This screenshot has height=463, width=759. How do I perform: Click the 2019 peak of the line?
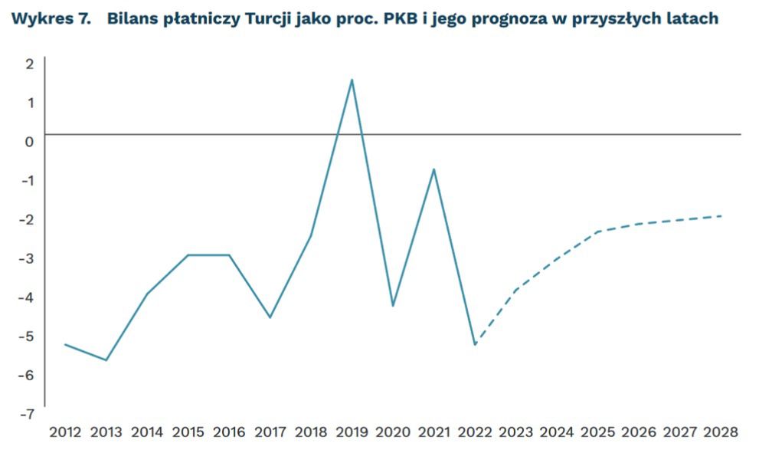352,80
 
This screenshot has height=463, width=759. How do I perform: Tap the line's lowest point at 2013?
106,360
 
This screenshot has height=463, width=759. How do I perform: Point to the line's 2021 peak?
434,169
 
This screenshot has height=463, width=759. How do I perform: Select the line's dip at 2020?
393,306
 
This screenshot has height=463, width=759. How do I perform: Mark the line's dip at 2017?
270,317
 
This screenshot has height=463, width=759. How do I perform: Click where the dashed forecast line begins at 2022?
476,345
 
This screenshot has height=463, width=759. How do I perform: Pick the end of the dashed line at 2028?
721,216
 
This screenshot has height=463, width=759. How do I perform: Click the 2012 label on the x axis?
65,432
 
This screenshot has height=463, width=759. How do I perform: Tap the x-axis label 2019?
352,432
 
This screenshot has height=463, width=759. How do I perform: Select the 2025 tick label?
597,432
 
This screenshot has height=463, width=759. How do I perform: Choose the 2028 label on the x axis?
721,432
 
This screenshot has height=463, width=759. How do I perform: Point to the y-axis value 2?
30,64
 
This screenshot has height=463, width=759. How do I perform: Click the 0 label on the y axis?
30,142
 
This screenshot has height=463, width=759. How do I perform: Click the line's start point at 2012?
65,344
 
